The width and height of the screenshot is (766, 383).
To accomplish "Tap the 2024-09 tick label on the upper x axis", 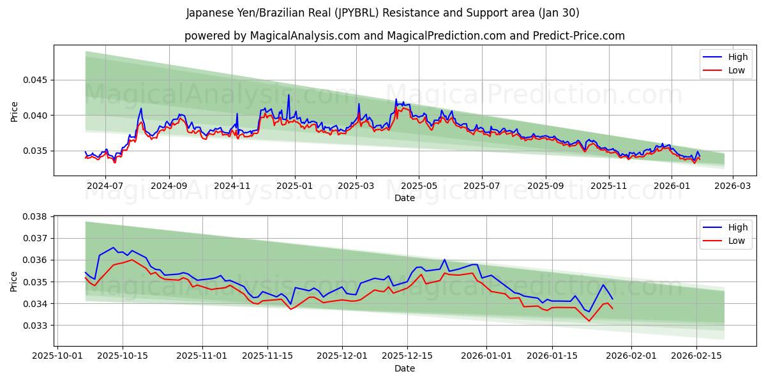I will point(169,186).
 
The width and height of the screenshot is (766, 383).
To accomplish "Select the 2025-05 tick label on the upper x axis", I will point(419,186).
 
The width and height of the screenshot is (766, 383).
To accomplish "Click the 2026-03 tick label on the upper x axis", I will point(732,186).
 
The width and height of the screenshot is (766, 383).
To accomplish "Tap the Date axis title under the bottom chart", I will point(404,368).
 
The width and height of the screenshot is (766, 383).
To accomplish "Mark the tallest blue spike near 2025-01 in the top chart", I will point(289,95).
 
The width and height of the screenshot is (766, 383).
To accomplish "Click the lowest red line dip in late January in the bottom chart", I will point(589,320).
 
